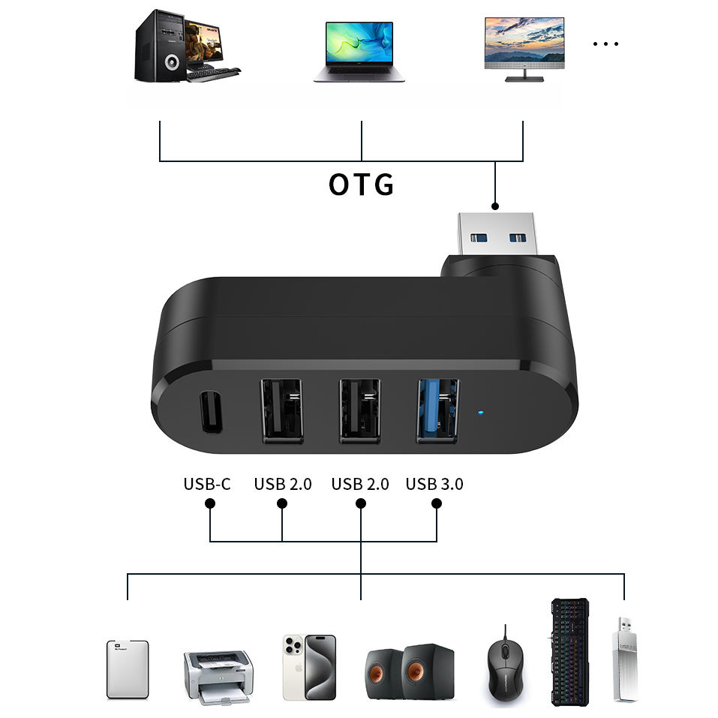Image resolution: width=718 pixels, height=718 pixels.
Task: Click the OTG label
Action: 361,184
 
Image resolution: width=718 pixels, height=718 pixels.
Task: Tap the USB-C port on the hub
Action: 210,413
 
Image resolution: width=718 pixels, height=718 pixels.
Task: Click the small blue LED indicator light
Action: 479,411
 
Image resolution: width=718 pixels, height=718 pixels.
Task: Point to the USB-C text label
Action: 207,484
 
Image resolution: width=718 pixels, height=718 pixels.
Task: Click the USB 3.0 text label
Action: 434,484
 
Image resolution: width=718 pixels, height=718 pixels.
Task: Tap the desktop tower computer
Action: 158,45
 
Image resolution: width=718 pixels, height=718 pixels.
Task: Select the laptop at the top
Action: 359,51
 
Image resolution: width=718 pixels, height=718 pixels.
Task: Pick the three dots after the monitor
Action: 605,44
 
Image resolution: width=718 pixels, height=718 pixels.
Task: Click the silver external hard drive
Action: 128,669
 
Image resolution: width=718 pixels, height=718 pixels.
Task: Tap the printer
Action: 218,676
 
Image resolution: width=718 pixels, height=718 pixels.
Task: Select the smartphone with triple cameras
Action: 309,667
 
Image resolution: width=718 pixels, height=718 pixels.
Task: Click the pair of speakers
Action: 410,672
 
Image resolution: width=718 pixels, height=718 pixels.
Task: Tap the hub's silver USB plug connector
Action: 500,234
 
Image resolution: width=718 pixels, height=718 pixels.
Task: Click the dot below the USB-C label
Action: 210,503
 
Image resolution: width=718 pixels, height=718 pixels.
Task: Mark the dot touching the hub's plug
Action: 494,205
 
